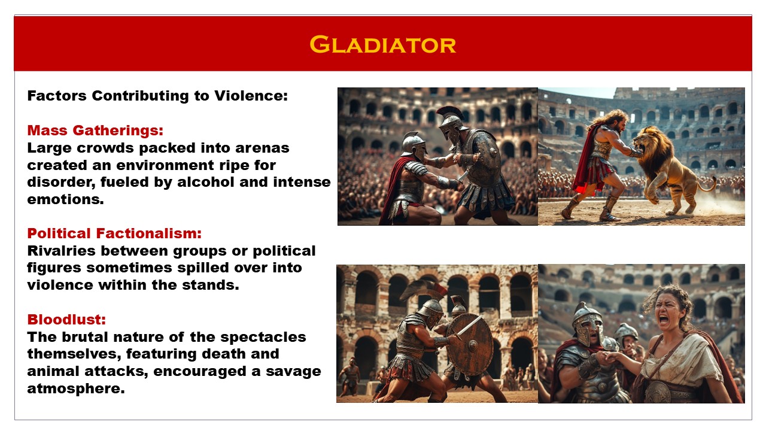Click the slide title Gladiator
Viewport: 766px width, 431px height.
coord(382,44)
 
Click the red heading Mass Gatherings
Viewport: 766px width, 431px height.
coord(95,130)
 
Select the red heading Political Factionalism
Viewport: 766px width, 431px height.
coord(114,233)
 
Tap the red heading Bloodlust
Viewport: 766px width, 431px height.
coord(66,320)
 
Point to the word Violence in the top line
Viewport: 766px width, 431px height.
coord(251,96)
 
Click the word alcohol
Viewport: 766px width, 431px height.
coord(197,182)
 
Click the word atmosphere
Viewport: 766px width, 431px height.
coord(76,388)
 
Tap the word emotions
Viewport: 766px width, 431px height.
coord(65,199)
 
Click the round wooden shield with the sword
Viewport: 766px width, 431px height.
coord(470,344)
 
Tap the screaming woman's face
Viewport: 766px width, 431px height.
coord(667,312)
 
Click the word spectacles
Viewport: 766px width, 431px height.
coord(263,337)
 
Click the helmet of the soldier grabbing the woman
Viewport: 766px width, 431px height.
coord(587,323)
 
